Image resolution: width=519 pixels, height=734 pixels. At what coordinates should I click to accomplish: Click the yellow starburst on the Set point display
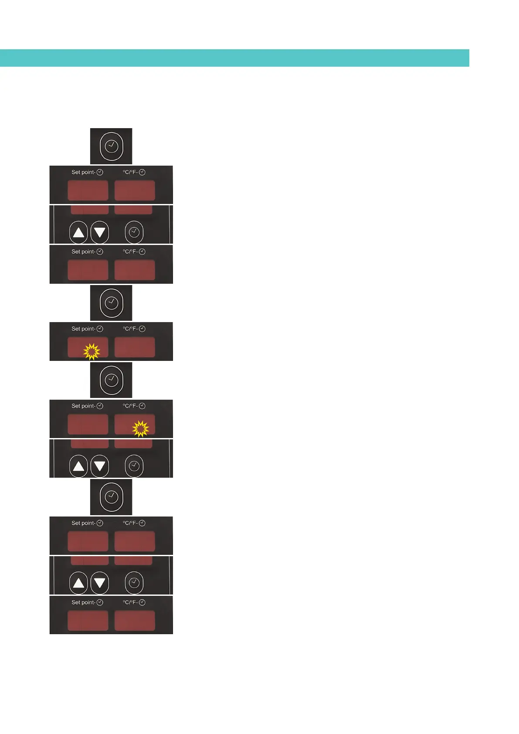click(92, 351)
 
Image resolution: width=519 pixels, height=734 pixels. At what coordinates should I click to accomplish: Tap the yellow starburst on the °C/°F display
click(140, 428)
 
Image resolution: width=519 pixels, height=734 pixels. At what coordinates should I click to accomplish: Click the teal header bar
click(234, 58)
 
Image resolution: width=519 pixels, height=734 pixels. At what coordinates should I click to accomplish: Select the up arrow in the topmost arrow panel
click(78, 232)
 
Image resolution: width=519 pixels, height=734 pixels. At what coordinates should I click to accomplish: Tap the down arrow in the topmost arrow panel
click(100, 232)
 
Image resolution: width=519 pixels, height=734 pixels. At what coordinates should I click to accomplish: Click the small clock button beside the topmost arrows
click(134, 232)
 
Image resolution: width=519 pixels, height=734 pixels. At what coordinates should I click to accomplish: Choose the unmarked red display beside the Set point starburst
click(135, 347)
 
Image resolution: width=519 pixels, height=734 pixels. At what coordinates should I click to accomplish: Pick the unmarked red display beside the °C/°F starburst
click(88, 424)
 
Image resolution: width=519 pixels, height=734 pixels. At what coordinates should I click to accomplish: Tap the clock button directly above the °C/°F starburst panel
click(112, 380)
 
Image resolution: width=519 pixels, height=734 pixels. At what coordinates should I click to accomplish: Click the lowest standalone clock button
click(112, 496)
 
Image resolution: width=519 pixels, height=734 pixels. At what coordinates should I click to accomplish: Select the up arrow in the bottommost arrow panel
click(78, 583)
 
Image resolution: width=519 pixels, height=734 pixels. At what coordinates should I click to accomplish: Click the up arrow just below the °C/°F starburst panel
click(78, 466)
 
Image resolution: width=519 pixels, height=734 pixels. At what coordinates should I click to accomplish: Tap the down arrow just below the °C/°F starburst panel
click(100, 466)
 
